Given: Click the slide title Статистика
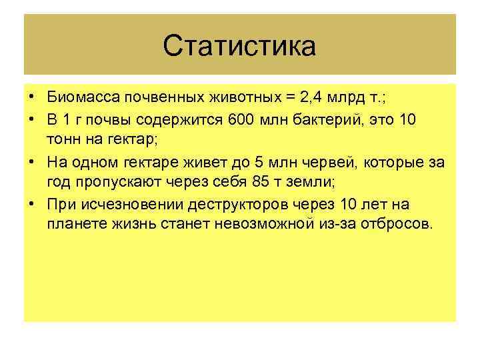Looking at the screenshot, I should [x=239, y=47].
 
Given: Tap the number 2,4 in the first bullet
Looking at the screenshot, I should [x=313, y=98].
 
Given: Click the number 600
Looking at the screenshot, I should [x=241, y=119].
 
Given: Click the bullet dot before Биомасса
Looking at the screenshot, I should [x=32, y=98].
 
